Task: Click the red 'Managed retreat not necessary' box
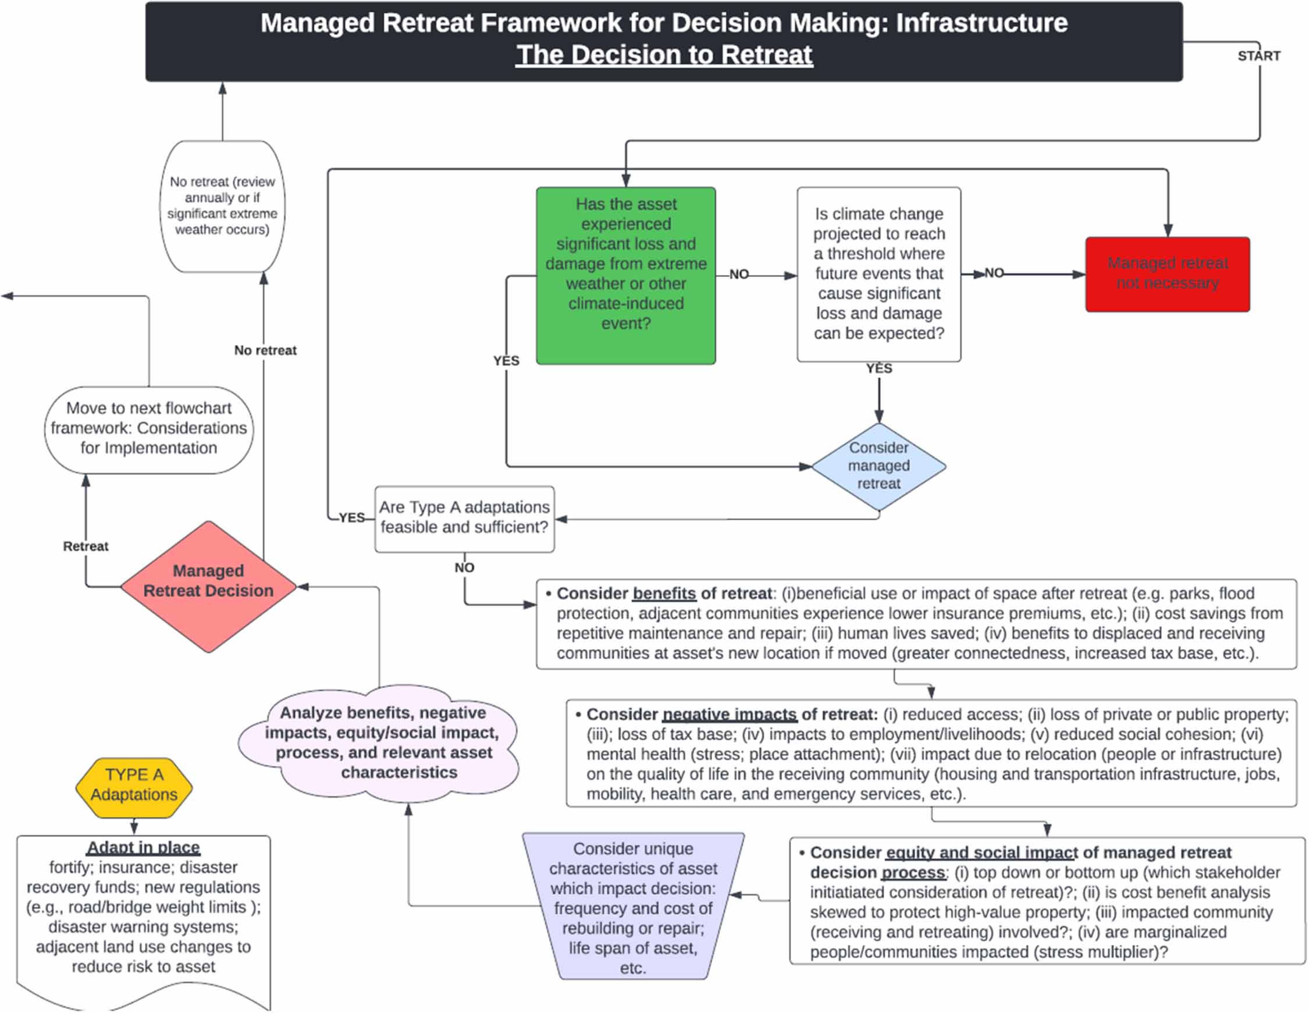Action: [1167, 274]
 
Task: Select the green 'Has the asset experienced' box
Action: [625, 275]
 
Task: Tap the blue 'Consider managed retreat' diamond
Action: [878, 465]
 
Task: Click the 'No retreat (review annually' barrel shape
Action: [222, 205]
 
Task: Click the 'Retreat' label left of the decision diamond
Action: [86, 545]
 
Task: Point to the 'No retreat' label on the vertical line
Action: [265, 350]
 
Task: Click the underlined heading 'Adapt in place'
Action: [143, 847]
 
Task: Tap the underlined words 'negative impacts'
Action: [729, 715]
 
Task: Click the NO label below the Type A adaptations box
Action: [464, 567]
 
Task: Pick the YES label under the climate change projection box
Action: [878, 368]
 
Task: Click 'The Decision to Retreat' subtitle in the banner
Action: [663, 55]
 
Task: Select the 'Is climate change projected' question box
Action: [878, 274]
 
